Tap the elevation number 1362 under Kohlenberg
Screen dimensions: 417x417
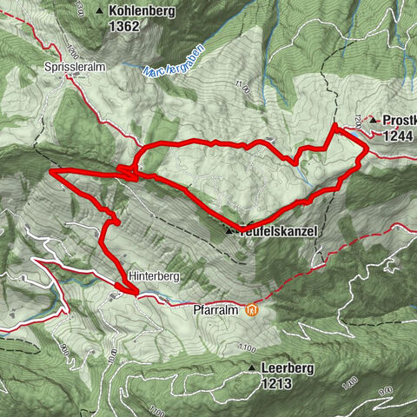click(126, 26)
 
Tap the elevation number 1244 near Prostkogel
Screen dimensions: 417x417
click(393, 135)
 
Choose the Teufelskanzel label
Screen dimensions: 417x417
click(279, 231)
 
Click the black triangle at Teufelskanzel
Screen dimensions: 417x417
click(229, 231)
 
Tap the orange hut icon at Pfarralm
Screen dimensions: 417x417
click(252, 308)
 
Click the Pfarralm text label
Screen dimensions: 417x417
click(217, 308)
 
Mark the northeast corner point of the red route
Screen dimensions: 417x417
click(333, 127)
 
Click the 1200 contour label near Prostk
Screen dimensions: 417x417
click(358, 119)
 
